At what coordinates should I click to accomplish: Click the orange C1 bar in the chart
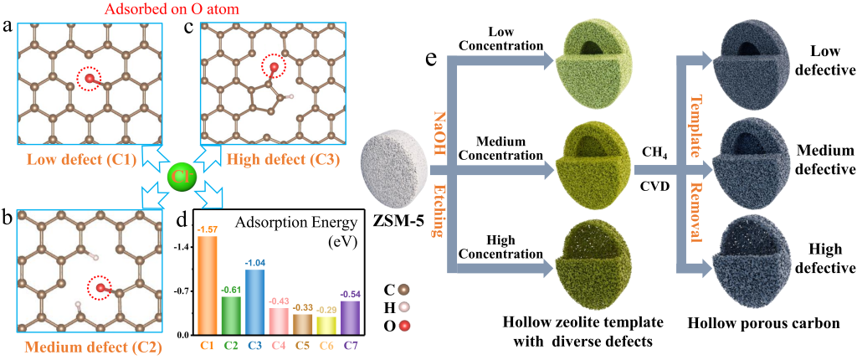point(208,285)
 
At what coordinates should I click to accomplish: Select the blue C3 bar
point(255,301)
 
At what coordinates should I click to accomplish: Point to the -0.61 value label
point(232,290)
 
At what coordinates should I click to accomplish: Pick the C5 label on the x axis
point(303,343)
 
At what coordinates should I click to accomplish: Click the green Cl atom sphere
point(180,177)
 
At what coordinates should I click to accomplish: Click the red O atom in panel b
point(100,289)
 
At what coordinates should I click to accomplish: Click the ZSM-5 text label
point(402,224)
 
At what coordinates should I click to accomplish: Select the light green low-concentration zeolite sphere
point(598,58)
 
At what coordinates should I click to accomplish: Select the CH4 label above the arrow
point(654,152)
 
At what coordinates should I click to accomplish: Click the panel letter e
point(431,60)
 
